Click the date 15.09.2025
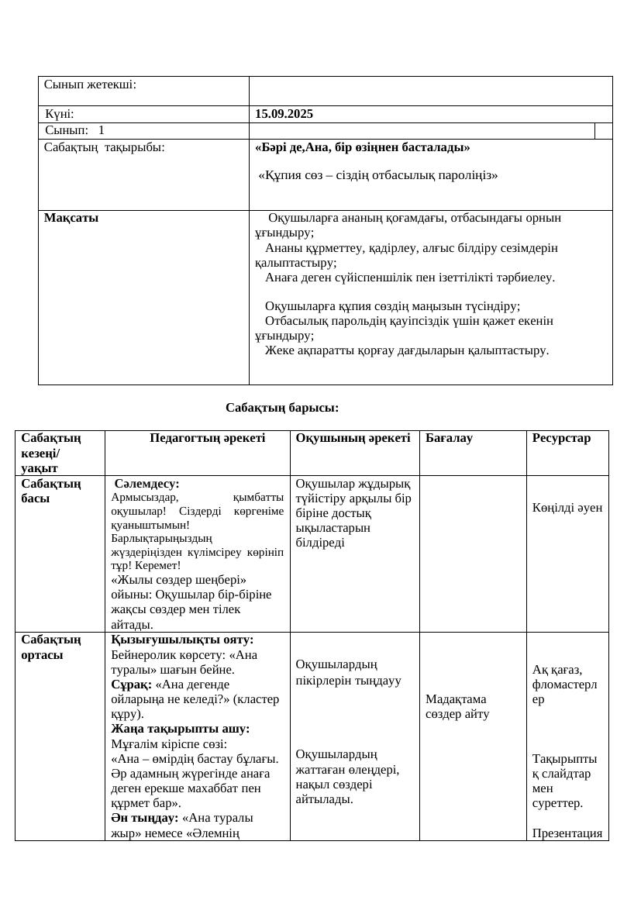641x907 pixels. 284,114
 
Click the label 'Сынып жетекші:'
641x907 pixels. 90,84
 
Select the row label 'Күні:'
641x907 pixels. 60,114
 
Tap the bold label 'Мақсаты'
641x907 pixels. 71,218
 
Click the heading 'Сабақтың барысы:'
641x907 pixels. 282,408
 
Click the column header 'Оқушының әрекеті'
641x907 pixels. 353,438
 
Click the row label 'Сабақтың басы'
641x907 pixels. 51,491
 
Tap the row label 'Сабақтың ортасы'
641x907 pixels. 51,647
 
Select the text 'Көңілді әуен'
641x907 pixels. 567,508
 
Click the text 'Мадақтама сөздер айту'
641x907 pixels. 457,706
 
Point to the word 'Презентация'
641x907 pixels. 567,833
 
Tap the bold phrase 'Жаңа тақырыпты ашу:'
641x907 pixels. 181,729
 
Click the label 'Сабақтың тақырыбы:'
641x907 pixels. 104,147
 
